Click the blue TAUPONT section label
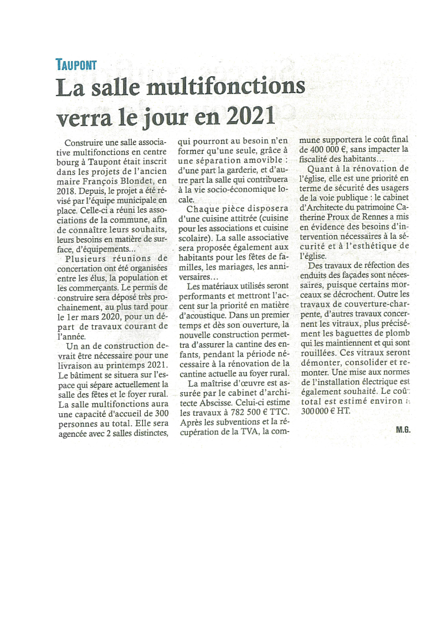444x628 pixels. pos(76,65)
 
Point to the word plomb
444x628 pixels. pos(400,333)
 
